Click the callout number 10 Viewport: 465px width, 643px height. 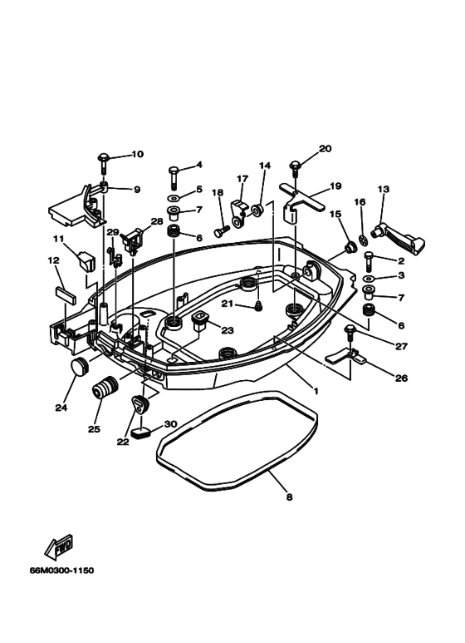(x=137, y=154)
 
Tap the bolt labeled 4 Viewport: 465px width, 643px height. (x=174, y=174)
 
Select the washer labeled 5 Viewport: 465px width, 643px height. (x=174, y=200)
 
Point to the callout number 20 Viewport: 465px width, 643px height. (x=325, y=148)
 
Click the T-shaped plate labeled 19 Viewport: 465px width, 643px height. (x=299, y=196)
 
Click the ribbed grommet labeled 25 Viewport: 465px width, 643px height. (x=106, y=388)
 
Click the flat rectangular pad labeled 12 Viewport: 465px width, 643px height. (x=65, y=294)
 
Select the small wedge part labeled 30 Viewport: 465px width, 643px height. (x=139, y=433)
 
